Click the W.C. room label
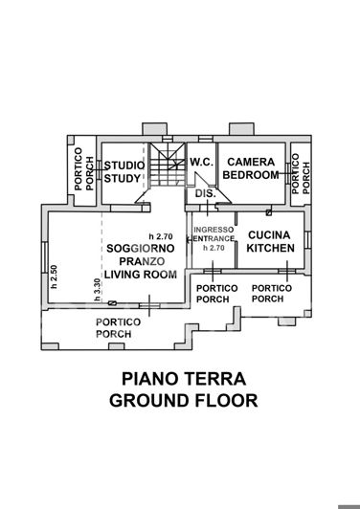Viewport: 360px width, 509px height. tap(201, 163)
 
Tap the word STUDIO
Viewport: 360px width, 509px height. tap(124, 165)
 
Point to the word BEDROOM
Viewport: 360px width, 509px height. tap(251, 176)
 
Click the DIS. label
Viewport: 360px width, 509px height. tap(204, 194)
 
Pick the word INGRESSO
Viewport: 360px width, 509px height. tap(213, 231)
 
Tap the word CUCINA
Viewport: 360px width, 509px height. tap(269, 234)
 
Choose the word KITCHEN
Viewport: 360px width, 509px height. tap(269, 248)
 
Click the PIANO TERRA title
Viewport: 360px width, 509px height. tap(183, 379)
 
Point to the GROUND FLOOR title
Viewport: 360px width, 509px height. tap(183, 401)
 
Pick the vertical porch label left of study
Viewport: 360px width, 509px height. tap(84, 172)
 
